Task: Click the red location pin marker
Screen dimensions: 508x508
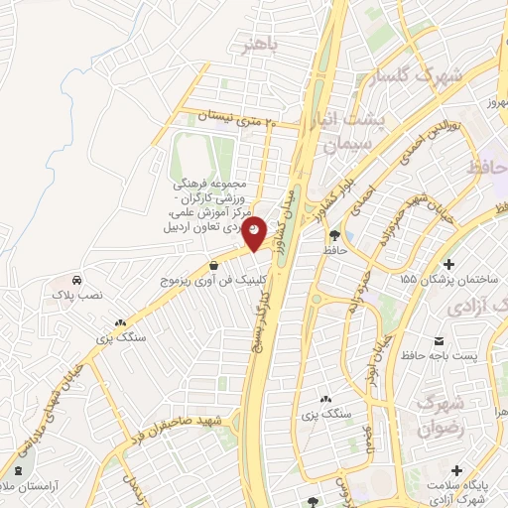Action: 255,232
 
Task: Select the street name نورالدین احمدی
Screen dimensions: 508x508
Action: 422,142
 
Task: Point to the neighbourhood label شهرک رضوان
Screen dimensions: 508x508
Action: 440,417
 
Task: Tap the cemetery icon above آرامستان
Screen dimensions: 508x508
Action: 17,469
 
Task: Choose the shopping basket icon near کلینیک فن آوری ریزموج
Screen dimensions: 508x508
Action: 214,264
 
